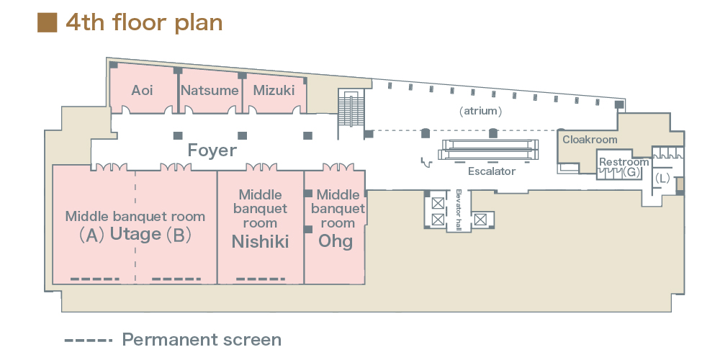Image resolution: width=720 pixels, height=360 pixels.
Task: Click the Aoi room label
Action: [142, 91]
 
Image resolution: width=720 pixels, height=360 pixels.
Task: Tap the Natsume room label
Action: [210, 91]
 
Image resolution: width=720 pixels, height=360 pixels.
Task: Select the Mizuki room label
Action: [274, 91]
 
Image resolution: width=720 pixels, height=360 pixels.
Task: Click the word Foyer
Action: [212, 150]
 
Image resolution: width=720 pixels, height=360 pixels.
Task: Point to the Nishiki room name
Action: [260, 242]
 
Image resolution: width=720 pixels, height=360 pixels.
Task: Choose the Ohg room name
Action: [336, 240]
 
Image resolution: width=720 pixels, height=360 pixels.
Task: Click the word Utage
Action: [135, 234]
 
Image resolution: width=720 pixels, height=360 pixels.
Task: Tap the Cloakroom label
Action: [590, 140]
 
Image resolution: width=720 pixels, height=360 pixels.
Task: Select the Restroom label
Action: [624, 162]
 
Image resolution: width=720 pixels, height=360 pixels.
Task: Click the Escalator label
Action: [492, 171]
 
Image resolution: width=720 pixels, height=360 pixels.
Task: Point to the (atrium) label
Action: [480, 112]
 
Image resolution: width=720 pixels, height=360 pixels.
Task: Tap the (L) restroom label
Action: [662, 176]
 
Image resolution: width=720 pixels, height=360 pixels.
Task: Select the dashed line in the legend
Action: [89, 340]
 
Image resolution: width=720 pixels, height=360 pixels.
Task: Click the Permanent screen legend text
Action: [202, 340]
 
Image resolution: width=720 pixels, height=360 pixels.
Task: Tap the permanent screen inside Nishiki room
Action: [261, 279]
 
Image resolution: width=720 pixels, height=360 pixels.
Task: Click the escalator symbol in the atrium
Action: [490, 149]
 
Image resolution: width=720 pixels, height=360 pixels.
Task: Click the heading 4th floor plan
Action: [144, 22]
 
